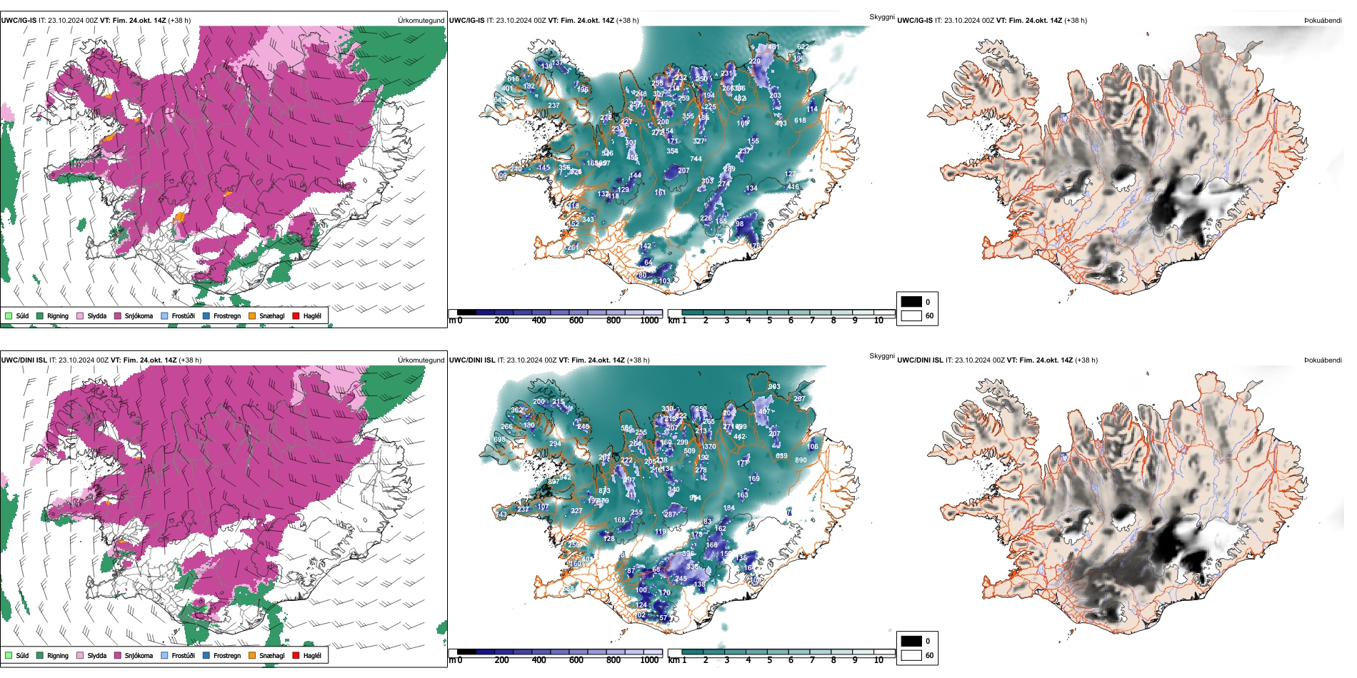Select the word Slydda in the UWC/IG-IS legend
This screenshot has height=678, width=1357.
coord(96,316)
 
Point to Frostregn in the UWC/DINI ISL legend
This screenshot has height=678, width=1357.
coord(226,656)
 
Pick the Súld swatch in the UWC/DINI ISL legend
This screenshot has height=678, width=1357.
coord(9,655)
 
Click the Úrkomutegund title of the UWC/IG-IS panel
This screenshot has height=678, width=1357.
coord(421,21)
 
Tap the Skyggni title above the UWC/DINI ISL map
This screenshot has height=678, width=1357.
coord(881,356)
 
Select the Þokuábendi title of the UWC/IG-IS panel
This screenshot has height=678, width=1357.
coord(1323,21)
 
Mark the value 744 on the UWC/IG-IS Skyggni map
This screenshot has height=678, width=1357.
coord(696,159)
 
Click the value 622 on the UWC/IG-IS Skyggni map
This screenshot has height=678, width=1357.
coord(803,47)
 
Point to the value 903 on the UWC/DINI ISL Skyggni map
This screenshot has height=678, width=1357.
coord(774,387)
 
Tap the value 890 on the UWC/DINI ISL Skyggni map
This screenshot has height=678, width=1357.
coord(801,460)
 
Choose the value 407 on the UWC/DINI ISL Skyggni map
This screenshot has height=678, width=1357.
coord(764,411)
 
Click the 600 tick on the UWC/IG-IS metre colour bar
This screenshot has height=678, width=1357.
coord(576,320)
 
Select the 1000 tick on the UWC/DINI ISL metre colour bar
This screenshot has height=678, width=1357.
coord(649,660)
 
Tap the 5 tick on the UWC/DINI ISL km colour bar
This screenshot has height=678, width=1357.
coord(769,660)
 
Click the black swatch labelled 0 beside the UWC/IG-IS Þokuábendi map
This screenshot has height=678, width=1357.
coord(911,301)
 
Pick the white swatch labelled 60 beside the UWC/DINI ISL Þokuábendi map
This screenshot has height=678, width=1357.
coord(911,655)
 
